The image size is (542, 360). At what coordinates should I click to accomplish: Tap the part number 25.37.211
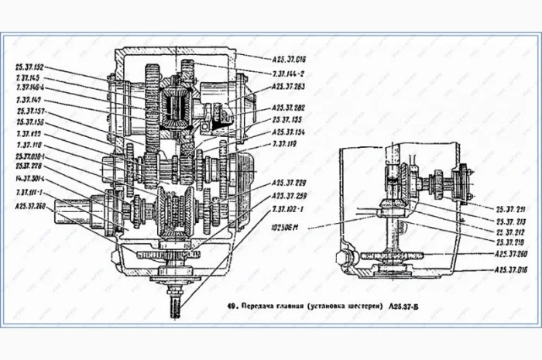[512, 208]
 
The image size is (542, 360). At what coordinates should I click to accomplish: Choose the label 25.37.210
[512, 242]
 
